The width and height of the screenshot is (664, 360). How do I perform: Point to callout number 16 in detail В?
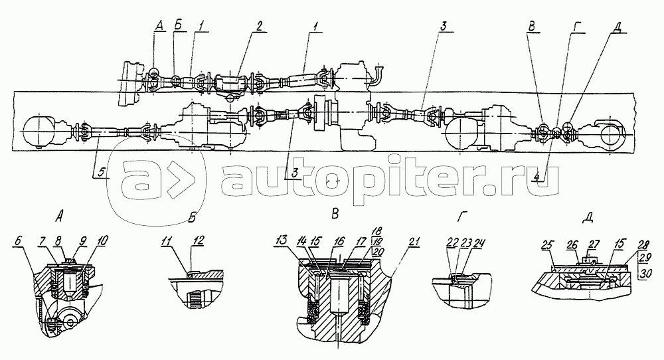[x=340, y=241]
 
